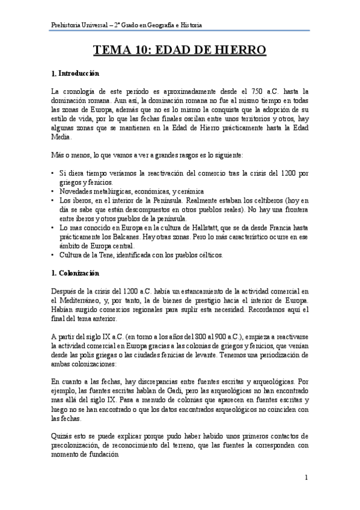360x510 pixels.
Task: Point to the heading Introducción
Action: point(79,73)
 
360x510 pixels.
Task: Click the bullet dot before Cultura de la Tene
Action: point(54,254)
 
